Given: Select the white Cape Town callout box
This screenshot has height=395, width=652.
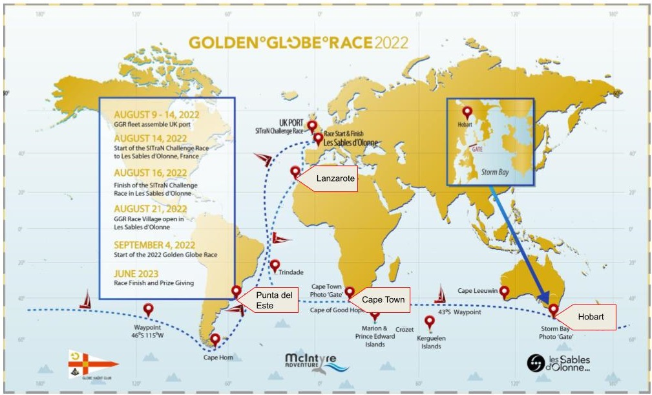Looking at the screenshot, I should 383,299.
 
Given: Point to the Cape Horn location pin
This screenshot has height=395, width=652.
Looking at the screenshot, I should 215,339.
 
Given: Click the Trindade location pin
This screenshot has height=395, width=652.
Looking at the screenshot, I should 275,265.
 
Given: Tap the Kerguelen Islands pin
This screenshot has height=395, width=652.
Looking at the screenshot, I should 430,321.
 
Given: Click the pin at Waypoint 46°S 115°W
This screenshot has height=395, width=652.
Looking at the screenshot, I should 148,309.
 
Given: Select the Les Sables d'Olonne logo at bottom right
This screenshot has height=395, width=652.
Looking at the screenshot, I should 558,364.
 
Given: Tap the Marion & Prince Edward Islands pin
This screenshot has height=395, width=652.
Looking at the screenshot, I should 375,314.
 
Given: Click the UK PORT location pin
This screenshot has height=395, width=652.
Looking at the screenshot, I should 312,125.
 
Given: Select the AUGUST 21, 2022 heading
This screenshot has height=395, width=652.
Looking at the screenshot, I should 151,209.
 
